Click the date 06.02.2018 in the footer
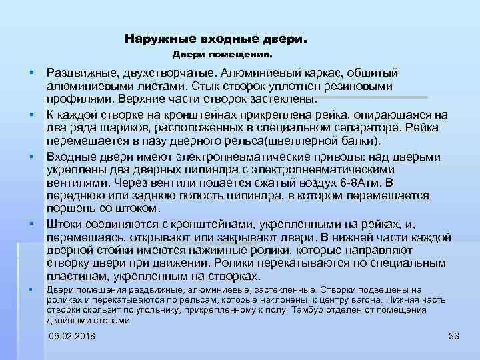pos(72,335)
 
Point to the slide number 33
pos(455,335)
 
